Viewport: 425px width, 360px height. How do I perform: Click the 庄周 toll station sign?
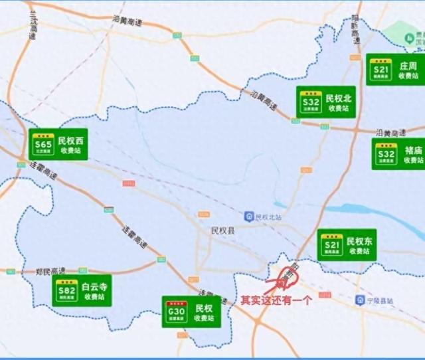[x=396, y=69]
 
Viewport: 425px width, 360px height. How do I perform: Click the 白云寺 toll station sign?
[x=82, y=290]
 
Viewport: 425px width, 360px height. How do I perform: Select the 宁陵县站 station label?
[x=380, y=300]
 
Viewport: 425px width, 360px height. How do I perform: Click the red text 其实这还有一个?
[x=276, y=301]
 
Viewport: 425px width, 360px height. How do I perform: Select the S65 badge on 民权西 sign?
[x=44, y=144]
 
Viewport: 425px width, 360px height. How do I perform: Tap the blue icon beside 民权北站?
[x=249, y=217]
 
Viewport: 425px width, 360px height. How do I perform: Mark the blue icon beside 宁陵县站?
[x=361, y=300]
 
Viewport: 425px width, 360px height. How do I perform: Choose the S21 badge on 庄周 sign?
[x=381, y=69]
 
